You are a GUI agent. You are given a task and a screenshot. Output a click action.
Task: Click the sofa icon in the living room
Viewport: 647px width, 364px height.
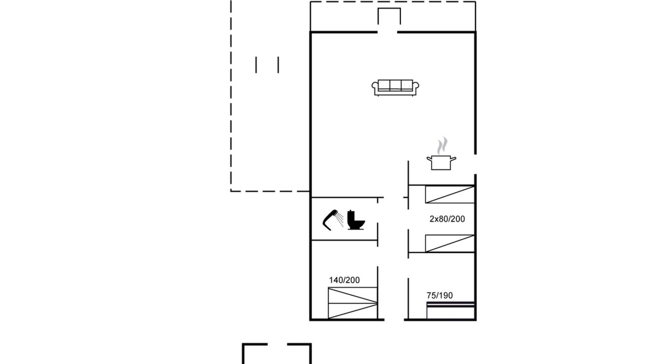[395, 88]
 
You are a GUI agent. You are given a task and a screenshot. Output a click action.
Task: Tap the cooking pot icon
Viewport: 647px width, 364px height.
[441, 163]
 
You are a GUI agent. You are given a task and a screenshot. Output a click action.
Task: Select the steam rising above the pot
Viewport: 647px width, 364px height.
[442, 146]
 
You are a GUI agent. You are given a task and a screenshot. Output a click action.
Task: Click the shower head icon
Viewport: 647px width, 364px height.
[333, 220]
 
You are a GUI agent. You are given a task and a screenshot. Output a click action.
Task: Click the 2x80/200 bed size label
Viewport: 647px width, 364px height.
[447, 219]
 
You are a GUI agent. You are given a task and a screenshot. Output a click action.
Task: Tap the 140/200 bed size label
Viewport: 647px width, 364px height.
[344, 280]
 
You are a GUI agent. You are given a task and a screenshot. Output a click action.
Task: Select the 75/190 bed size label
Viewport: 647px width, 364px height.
[440, 295]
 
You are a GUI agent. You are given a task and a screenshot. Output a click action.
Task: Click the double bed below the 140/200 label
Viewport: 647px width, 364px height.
[353, 303]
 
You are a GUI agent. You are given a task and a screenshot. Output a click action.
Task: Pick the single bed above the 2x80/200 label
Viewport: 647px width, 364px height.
[450, 195]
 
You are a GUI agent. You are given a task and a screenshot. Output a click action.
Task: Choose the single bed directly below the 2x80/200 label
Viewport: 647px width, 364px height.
[450, 244]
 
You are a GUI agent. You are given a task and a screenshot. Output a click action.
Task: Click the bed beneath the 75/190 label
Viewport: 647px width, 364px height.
[450, 310]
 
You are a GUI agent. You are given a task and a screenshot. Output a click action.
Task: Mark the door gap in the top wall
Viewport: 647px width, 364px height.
[387, 32]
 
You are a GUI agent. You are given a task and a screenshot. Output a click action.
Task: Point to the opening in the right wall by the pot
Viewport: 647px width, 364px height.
[476, 164]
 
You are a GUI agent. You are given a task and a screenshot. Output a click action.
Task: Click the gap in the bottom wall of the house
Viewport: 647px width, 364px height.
[394, 320]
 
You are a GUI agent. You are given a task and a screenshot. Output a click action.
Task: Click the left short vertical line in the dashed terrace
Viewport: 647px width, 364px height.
[256, 65]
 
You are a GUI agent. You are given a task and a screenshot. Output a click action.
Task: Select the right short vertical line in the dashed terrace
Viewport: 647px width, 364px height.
[278, 65]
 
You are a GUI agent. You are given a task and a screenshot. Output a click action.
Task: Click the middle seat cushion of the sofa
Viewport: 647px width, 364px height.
[395, 85]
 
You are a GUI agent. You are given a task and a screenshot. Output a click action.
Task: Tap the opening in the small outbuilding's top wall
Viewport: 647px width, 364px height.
[278, 344]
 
